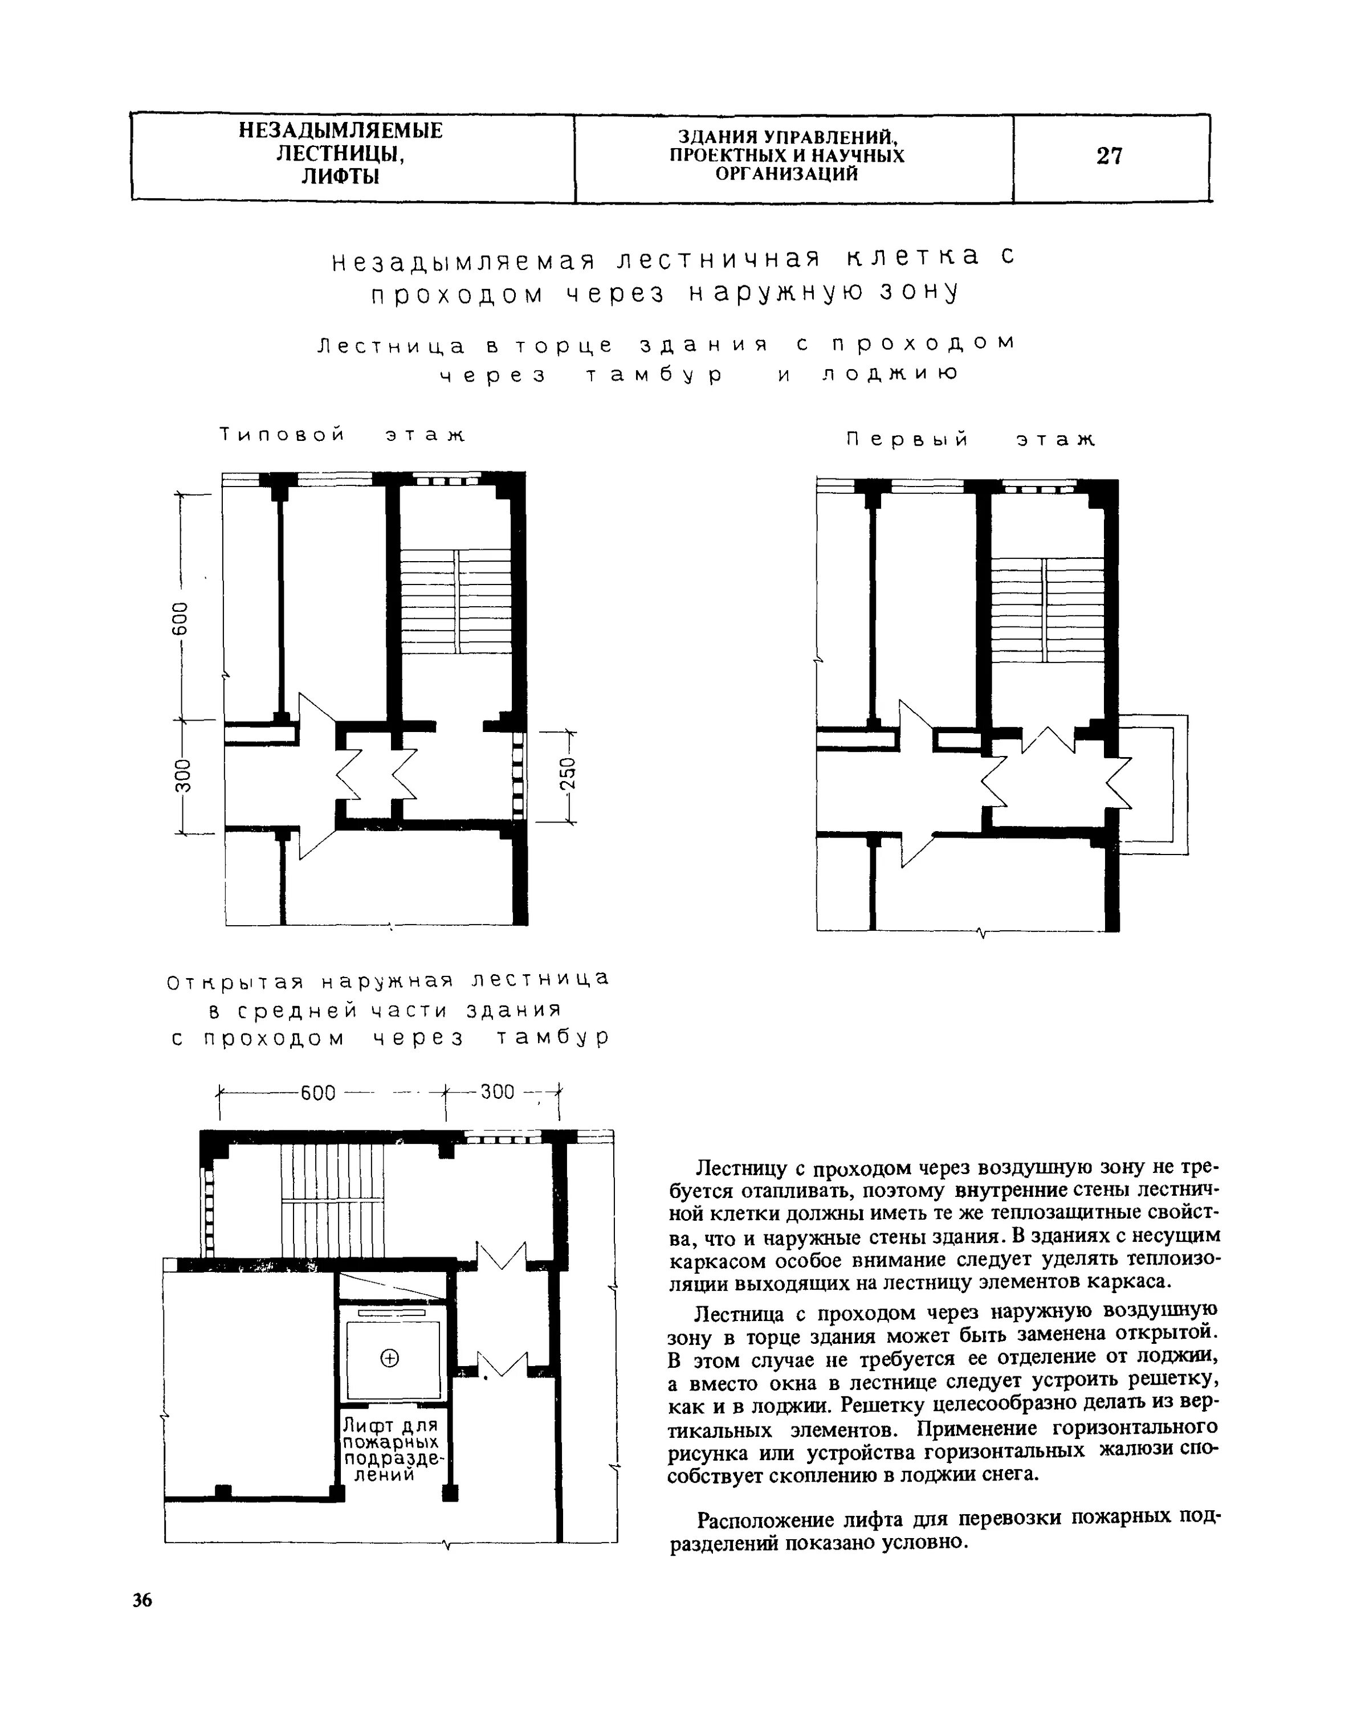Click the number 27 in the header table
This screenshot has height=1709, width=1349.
click(1109, 156)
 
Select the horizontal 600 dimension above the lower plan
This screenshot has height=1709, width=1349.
click(318, 1093)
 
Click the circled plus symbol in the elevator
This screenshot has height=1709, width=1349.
click(390, 1358)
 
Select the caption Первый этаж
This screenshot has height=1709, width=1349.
click(971, 440)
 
